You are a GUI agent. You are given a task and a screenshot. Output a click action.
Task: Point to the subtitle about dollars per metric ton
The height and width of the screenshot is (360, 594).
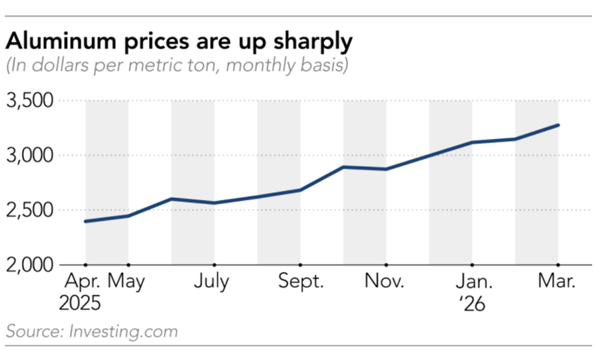click(x=177, y=66)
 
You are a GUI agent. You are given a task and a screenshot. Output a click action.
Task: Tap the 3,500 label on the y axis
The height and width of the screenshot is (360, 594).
click(x=30, y=101)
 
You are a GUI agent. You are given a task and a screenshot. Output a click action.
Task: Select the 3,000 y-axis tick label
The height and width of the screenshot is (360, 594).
click(x=30, y=156)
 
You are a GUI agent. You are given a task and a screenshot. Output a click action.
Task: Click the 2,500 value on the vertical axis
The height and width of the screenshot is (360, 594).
click(x=30, y=210)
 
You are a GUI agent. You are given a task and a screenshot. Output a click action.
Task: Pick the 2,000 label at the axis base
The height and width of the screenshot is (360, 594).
click(x=30, y=265)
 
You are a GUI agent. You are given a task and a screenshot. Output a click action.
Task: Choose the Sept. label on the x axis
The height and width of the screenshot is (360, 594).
click(x=299, y=282)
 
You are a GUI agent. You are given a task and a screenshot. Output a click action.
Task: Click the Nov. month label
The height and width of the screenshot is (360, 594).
click(x=385, y=282)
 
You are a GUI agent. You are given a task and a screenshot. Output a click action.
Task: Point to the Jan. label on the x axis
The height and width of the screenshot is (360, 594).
click(x=472, y=282)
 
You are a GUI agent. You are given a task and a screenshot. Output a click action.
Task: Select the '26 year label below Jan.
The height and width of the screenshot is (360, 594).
click(x=472, y=304)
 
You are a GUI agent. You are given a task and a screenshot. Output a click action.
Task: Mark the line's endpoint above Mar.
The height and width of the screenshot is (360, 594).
click(x=558, y=125)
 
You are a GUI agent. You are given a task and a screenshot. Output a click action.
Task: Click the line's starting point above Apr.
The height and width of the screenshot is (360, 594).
click(x=85, y=221)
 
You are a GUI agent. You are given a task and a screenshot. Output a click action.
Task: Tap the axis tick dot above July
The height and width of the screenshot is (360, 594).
click(x=214, y=265)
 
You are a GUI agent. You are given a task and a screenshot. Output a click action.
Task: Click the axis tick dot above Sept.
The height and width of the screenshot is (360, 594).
click(x=300, y=265)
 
